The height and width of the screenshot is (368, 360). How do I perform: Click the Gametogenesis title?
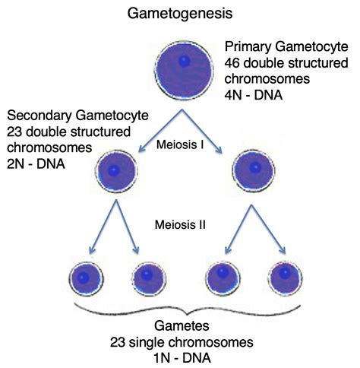pyautogui.click(x=180, y=14)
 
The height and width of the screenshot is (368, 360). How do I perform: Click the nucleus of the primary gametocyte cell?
pyautogui.click(x=185, y=61)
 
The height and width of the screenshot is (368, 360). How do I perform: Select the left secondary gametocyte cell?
pyautogui.click(x=116, y=171)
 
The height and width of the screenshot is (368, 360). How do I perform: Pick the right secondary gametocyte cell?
pyautogui.click(x=254, y=170)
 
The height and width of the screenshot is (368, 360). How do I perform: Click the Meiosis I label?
pyautogui.click(x=180, y=144)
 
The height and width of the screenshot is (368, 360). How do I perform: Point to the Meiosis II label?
pyautogui.click(x=180, y=225)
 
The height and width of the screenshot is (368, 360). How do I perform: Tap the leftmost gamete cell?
pyautogui.click(x=86, y=279)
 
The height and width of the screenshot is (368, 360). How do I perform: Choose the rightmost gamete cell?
pyautogui.click(x=285, y=278)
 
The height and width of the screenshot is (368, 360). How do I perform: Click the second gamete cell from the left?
pyautogui.click(x=149, y=279)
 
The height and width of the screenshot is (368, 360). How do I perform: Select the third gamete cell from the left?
pyautogui.click(x=223, y=278)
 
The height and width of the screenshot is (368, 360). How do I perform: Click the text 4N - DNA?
pyautogui.click(x=253, y=95)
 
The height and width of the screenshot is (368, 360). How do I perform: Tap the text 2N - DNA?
pyautogui.click(x=36, y=163)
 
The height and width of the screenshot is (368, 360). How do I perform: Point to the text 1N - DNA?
pyautogui.click(x=182, y=358)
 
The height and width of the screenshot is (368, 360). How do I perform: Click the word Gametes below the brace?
pyautogui.click(x=182, y=325)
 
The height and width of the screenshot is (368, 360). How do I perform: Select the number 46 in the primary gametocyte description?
pyautogui.click(x=232, y=63)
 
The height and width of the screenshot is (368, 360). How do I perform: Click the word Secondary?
pyautogui.click(x=39, y=116)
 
